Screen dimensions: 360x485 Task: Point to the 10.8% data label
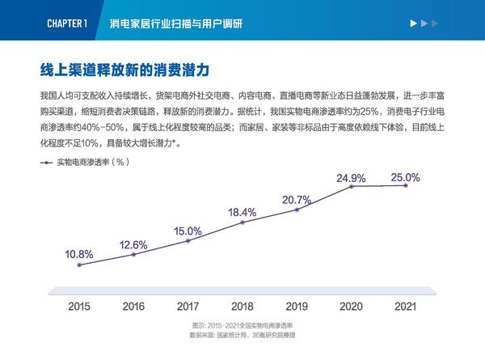coord(79,254)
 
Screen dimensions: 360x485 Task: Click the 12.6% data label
coord(133,244)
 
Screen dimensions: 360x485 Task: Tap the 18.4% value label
coord(242,213)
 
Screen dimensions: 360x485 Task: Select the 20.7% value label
coord(297,200)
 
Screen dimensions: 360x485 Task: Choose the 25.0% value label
coord(405,177)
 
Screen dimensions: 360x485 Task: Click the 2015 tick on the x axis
coord(79,307)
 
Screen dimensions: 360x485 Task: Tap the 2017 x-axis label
coord(188,307)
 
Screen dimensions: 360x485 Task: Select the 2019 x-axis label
coord(297,307)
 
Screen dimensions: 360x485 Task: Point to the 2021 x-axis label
coord(405,307)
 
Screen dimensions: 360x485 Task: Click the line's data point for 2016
coord(133,255)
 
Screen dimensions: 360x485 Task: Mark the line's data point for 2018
coord(242,223)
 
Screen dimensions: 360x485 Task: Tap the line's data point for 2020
coord(352,187)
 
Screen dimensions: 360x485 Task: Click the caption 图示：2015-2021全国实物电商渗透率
coord(242,324)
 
